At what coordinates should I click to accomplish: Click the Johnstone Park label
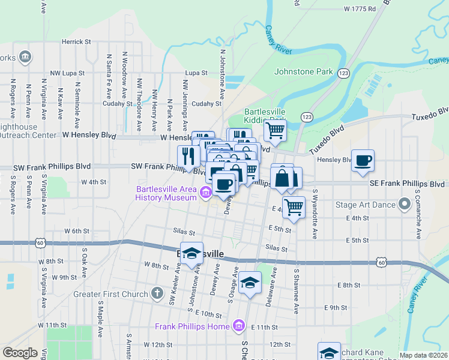303,72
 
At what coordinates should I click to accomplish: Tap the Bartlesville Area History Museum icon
206,192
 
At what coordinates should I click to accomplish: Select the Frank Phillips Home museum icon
239,326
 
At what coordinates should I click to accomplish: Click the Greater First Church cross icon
157,293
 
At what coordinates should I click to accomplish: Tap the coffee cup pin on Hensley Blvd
363,161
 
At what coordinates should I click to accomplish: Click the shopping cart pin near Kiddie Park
275,131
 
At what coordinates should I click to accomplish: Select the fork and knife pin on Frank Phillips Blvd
188,157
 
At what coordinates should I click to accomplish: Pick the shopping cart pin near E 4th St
294,207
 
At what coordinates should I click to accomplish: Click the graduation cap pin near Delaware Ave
250,283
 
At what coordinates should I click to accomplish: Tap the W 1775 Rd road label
360,9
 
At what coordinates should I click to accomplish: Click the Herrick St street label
76,42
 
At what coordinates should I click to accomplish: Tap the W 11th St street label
52,325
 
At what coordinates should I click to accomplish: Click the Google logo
20,353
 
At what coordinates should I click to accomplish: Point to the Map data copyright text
423,355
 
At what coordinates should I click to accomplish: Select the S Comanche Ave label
418,205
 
